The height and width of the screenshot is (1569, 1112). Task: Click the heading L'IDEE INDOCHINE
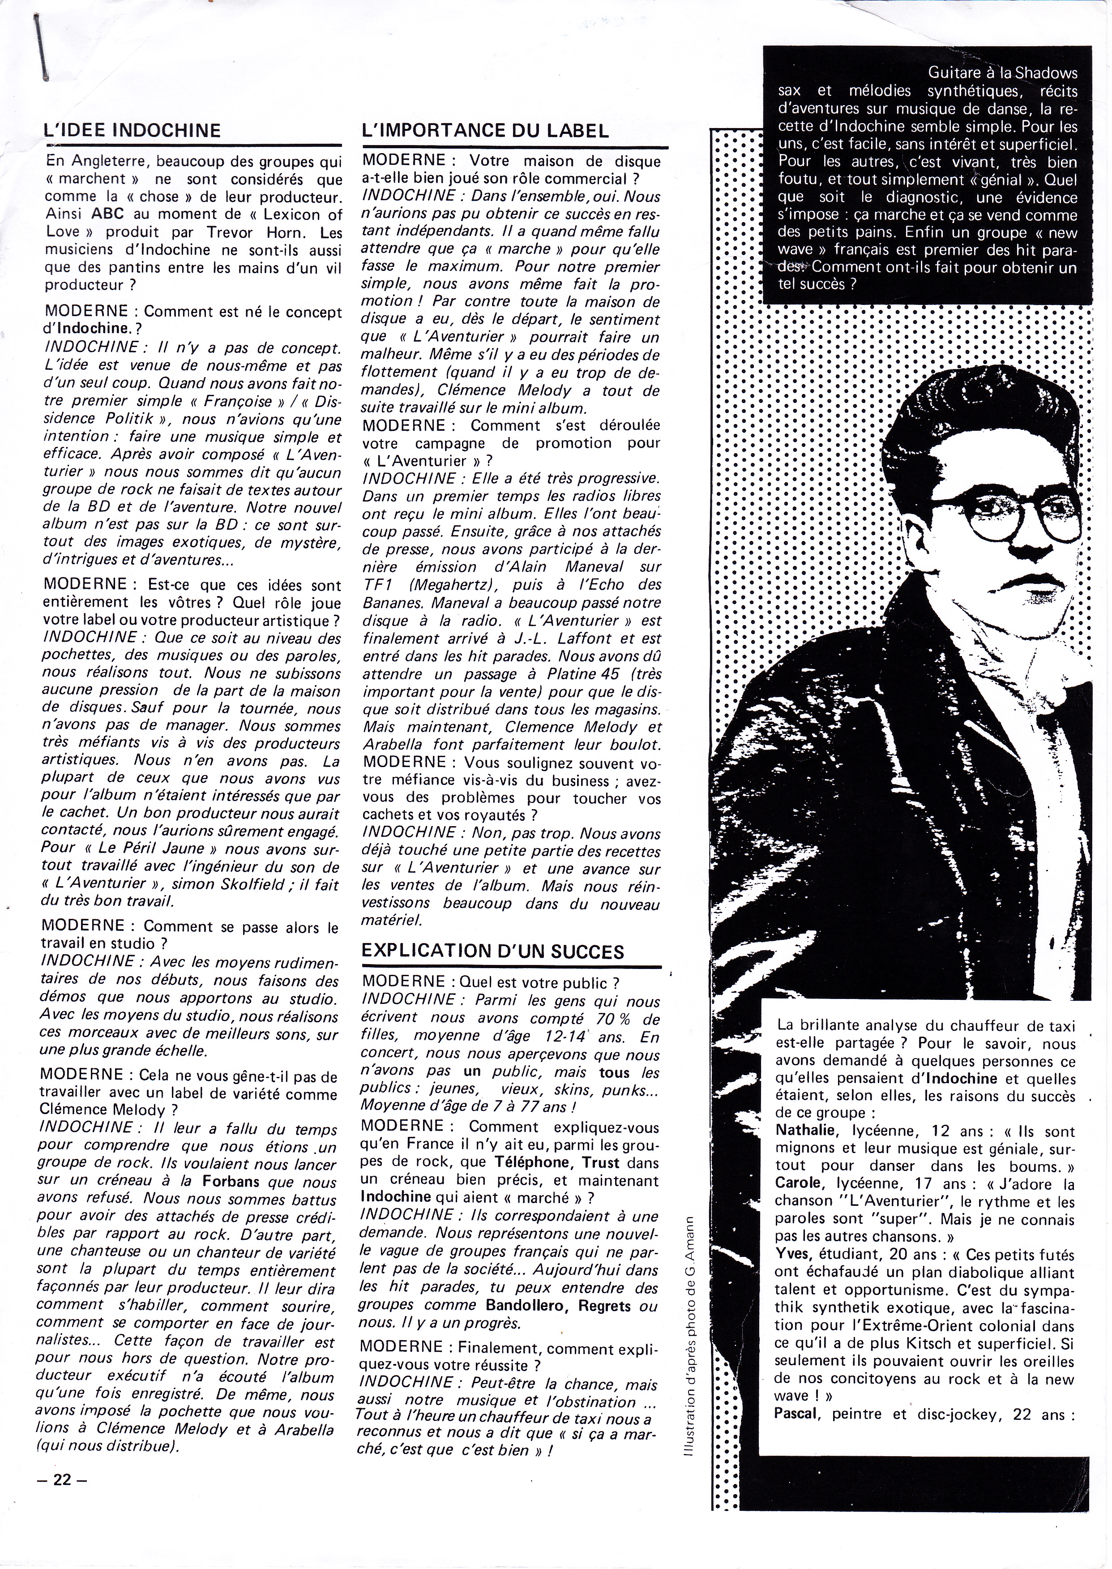tap(132, 130)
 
